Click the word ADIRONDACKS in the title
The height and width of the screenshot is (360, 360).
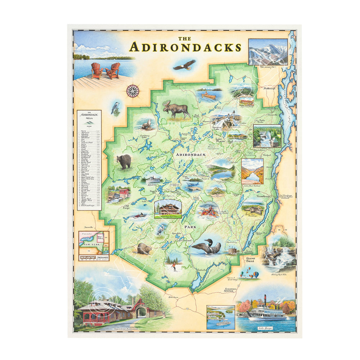coord(185,47)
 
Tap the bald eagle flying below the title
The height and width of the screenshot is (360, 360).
coord(184,65)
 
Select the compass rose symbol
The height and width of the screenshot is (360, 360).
coord(132,90)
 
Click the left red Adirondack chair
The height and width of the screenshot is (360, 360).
coord(96,71)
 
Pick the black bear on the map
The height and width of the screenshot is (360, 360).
coord(124,162)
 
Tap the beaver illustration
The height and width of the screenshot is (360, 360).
coord(144,248)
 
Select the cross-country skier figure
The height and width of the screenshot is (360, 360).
coord(174,267)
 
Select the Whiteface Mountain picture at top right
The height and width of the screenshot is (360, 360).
coord(268,51)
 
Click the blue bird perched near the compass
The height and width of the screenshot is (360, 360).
coord(116,108)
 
